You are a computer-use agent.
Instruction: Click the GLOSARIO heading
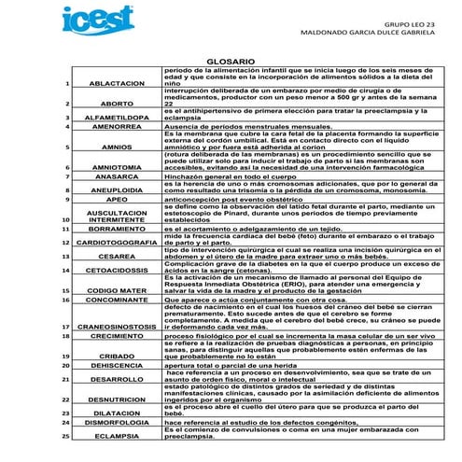230,61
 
